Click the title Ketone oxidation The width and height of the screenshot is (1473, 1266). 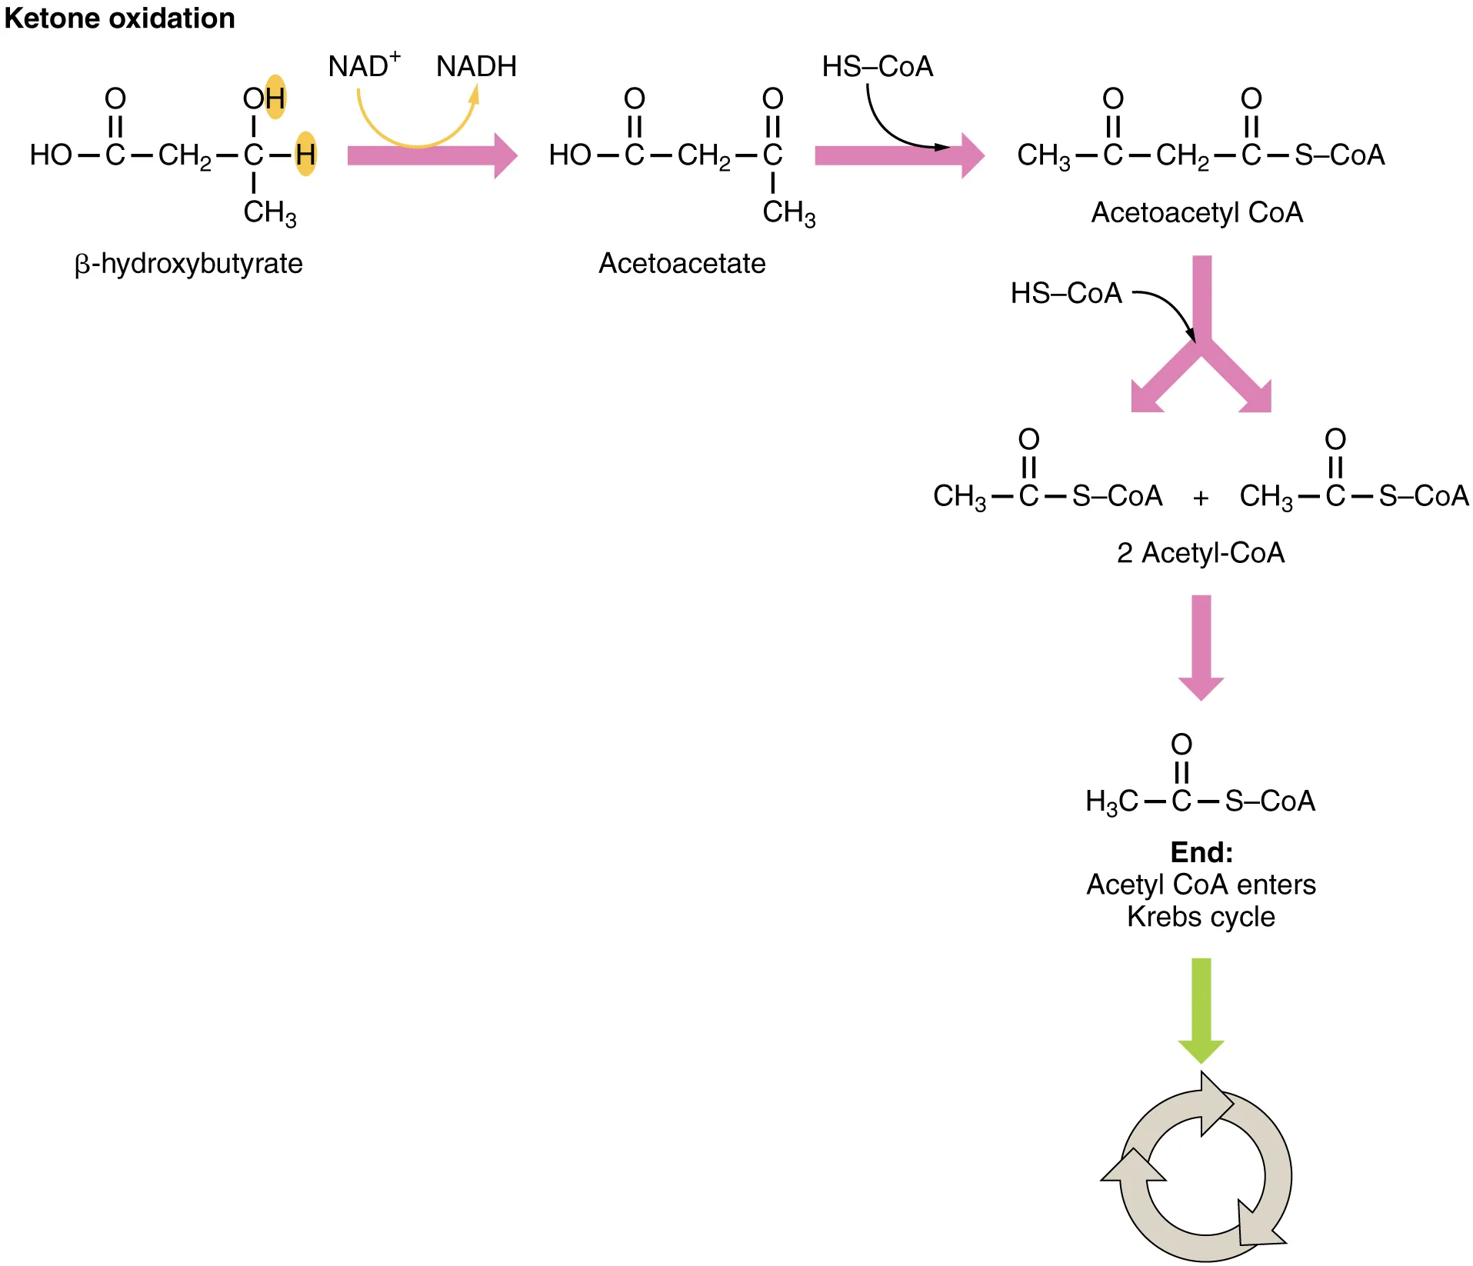pos(119,18)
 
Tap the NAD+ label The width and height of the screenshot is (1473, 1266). pos(363,66)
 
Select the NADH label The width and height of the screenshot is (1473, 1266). pos(476,67)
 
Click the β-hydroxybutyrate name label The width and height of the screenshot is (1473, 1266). pos(188,264)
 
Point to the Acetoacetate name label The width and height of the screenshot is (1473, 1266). pos(682,264)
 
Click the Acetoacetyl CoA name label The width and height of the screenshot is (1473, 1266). pos(1197,213)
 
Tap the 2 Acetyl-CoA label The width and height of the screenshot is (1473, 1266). pos(1200,553)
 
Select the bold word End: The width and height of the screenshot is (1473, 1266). pos(1201,852)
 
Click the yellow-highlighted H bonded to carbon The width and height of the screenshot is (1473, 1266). pos(305,155)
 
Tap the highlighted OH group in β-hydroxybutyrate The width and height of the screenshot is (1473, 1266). pos(264,98)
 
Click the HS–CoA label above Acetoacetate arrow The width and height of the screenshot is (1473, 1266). pos(877,67)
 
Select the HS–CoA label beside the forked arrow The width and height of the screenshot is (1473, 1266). pos(1066,294)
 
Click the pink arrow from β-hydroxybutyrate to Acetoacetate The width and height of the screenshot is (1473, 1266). pos(431,156)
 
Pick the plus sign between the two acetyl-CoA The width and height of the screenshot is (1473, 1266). pos(1201,498)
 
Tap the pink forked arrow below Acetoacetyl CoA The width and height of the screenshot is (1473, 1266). pos(1201,338)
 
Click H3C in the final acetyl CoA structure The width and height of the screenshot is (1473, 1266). pos(1111,802)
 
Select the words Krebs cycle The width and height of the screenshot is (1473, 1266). pos(1201,917)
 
